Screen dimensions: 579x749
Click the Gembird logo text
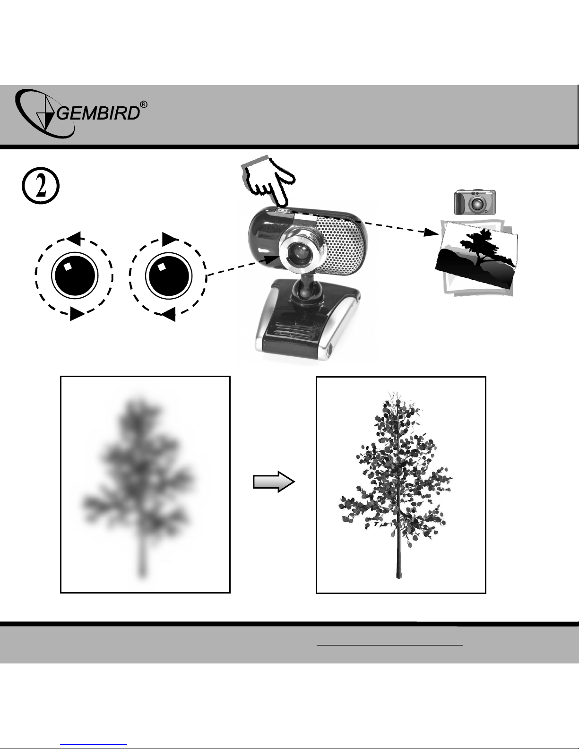98,113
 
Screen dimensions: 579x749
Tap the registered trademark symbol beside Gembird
144,104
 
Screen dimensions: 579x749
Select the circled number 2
41,186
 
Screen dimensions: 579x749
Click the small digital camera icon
475,202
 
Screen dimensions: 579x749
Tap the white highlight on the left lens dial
68,267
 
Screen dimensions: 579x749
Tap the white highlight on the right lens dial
161,267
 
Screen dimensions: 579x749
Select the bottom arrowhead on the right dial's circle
169,314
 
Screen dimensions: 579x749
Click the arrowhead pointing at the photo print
431,232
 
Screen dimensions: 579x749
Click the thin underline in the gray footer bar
390,644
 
